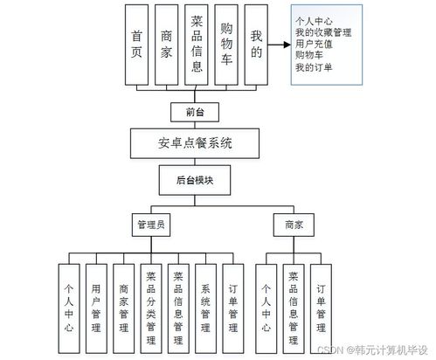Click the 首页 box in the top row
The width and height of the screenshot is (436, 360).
pos(137,45)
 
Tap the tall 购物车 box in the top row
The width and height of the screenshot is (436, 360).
pos(225,45)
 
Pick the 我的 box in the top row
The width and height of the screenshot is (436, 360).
pos(256,45)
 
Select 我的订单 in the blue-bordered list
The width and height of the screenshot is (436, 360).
pos(316,66)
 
